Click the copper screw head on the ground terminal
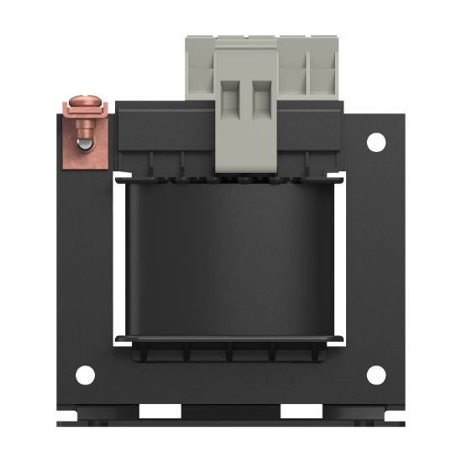(83, 106)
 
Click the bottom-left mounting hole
(84, 375)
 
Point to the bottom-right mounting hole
(375, 375)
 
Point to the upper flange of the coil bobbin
(230, 177)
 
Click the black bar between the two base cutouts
(230, 412)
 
